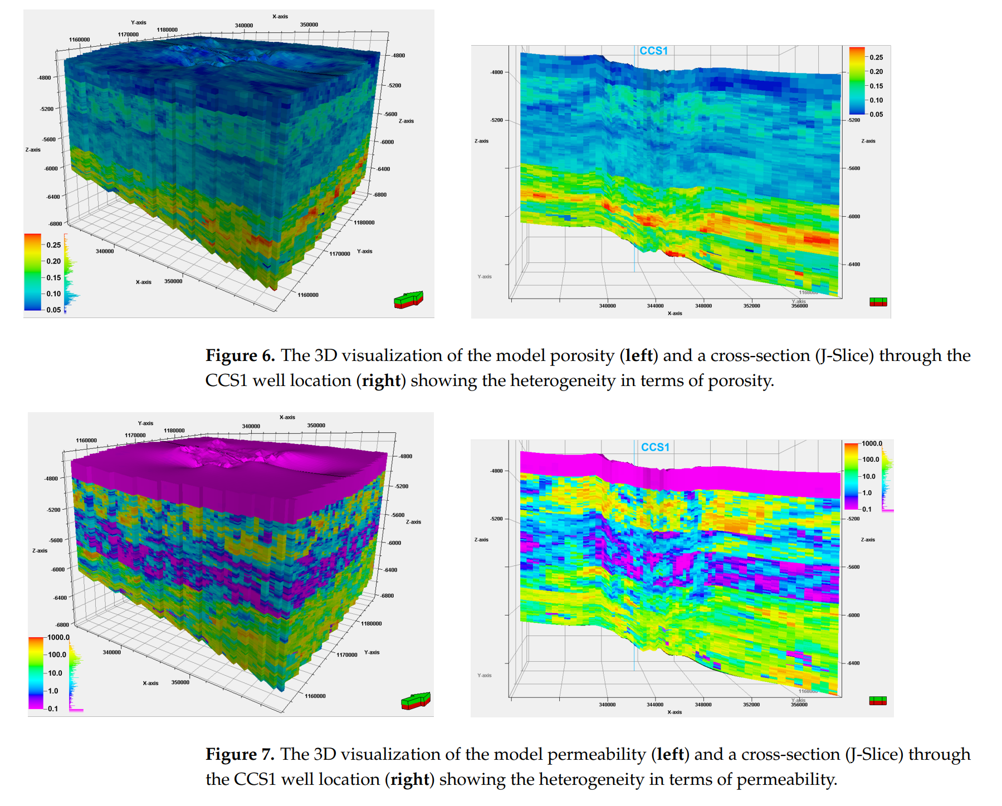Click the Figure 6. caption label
click(240, 356)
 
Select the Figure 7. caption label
click(240, 754)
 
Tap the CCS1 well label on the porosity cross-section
click(653, 51)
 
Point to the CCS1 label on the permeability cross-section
click(655, 447)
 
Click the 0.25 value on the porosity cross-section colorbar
click(876, 57)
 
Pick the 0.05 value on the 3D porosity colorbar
click(53, 310)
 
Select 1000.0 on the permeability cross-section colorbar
click(872, 443)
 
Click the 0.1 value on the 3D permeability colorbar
click(53, 709)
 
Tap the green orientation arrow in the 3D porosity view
click(408, 299)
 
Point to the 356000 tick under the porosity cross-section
click(799, 306)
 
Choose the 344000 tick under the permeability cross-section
click(655, 705)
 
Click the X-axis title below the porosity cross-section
click(674, 314)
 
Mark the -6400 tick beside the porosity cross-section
click(854, 265)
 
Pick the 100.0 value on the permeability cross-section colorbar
click(871, 460)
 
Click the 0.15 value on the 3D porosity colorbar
click(53, 278)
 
